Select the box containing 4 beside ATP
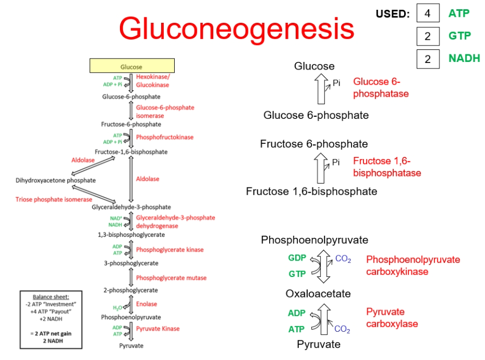pos(428,13)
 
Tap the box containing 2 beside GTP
pos(428,36)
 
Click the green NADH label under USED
pos(464,58)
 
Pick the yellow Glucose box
pos(132,65)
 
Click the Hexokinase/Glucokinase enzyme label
pos(153,81)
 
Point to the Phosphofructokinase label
pos(164,137)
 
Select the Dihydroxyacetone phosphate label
pos(56,180)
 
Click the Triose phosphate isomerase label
pos(54,199)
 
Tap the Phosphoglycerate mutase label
pos(171,278)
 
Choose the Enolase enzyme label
pos(146,304)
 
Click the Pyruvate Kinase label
pos(158,329)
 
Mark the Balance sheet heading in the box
pos(51,297)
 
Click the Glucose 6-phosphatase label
pos(381,87)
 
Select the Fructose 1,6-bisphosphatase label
pos(387,167)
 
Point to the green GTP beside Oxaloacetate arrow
pos(297,274)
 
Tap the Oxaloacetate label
pos(318,293)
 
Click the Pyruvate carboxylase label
pos(392,318)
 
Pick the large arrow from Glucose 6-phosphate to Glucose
pos(321,89)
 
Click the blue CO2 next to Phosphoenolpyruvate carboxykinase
pos(343,259)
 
